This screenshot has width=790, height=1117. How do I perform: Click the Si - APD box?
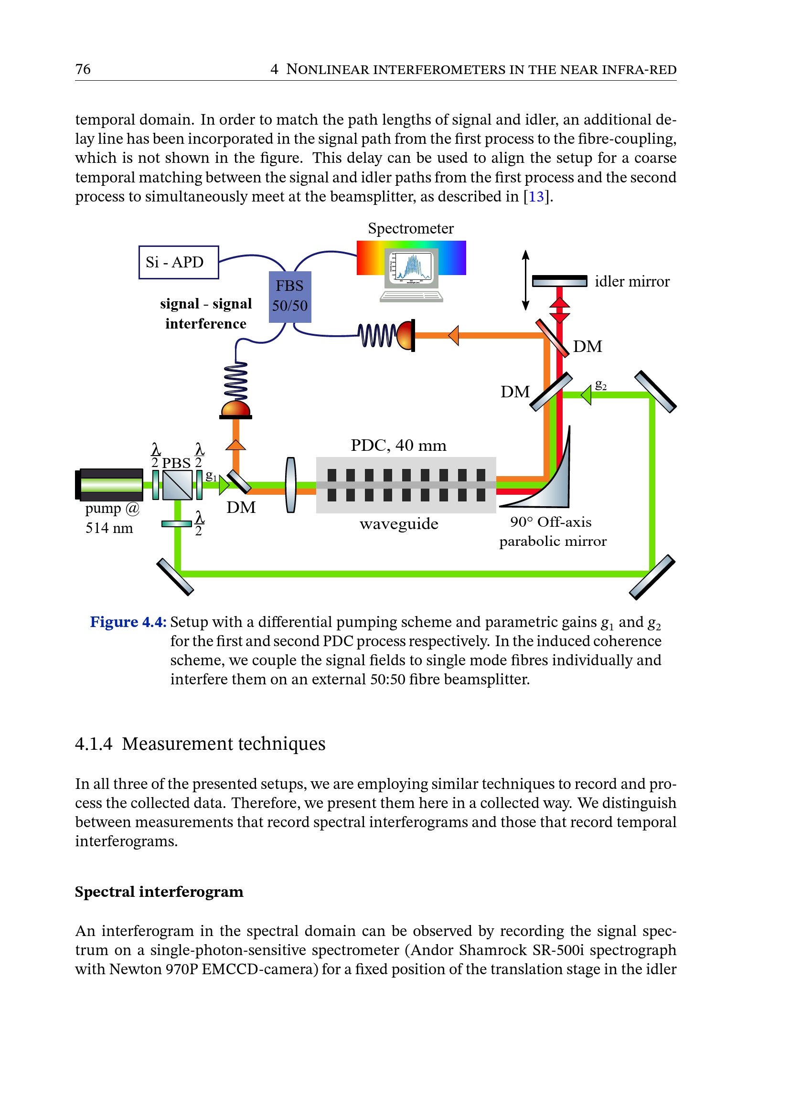click(179, 262)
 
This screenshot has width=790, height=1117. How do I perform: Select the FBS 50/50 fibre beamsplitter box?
click(290, 296)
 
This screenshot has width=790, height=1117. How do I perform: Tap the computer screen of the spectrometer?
click(411, 268)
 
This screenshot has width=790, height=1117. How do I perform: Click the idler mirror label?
click(631, 281)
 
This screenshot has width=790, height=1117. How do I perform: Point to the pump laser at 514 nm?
click(110, 485)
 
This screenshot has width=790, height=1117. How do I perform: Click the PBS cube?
click(178, 485)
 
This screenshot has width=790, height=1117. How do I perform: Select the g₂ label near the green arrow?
click(601, 385)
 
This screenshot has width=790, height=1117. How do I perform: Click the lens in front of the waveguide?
click(291, 485)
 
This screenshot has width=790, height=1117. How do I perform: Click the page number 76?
click(83, 69)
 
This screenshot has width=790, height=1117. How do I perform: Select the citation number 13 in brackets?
click(536, 197)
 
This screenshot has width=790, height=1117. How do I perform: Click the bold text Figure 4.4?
click(128, 622)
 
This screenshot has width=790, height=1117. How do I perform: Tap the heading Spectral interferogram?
click(159, 892)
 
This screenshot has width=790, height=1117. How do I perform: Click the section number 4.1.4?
click(94, 744)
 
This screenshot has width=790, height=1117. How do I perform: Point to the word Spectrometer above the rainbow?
click(411, 228)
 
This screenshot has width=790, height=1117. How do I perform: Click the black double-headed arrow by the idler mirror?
click(525, 280)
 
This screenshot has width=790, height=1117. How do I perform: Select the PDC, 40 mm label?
click(398, 445)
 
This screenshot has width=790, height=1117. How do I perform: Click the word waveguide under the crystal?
click(399, 523)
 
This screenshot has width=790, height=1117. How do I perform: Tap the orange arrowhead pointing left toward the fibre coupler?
click(454, 335)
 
